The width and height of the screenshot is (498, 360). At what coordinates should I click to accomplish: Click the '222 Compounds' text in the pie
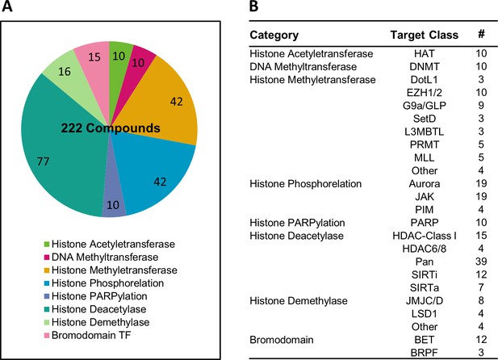(111, 128)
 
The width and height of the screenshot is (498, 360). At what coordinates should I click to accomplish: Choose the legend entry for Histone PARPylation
(95, 296)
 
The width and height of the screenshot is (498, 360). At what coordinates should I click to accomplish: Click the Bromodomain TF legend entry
(87, 335)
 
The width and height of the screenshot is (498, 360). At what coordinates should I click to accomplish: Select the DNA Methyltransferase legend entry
(101, 257)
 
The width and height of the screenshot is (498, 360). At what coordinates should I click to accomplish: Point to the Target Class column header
(425, 35)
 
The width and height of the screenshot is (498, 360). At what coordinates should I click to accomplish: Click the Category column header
(274, 35)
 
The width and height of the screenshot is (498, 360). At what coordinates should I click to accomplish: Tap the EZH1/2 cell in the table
(425, 93)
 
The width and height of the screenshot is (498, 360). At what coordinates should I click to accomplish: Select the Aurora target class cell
(425, 184)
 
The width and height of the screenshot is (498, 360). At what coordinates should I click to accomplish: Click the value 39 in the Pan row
(481, 262)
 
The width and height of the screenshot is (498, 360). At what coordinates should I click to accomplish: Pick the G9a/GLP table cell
(425, 106)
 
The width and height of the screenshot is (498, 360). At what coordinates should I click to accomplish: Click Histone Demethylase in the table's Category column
(299, 300)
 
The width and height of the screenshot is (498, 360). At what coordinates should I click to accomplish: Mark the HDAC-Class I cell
(425, 236)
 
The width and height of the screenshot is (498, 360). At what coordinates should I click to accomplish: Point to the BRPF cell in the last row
(425, 353)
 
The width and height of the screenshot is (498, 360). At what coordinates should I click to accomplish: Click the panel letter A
(7, 6)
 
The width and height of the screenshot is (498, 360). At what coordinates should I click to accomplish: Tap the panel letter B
(253, 6)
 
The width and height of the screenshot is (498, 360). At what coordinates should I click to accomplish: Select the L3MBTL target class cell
(425, 132)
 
